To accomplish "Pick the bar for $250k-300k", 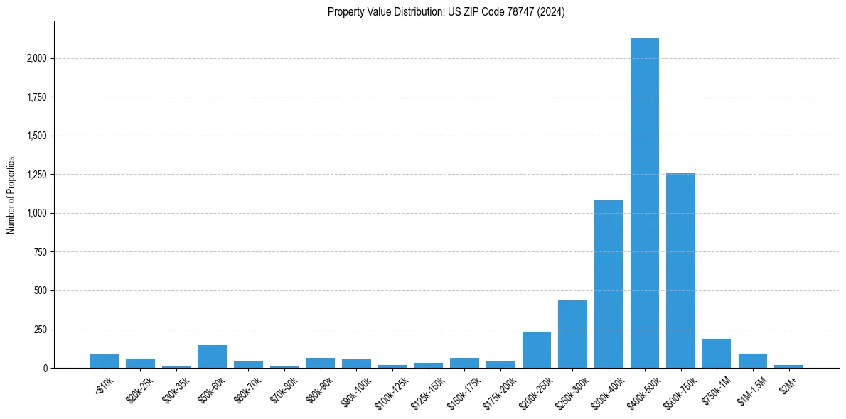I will pyautogui.click(x=572, y=334).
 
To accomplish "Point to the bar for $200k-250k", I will pyautogui.click(x=537, y=350).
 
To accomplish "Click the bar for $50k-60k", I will pyautogui.click(x=212, y=357).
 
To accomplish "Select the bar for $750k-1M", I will pyautogui.click(x=717, y=354).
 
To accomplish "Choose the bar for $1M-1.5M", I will pyautogui.click(x=753, y=361).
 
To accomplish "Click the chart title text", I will pyautogui.click(x=446, y=12).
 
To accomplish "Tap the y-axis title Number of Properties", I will pyautogui.click(x=11, y=195).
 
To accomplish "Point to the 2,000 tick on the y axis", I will pyautogui.click(x=36, y=58).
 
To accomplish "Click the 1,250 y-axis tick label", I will pyautogui.click(x=36, y=175).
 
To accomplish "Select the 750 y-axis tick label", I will pyautogui.click(x=41, y=252).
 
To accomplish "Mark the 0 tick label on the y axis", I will pyautogui.click(x=45, y=369).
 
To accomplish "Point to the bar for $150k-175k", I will pyautogui.click(x=464, y=363).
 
